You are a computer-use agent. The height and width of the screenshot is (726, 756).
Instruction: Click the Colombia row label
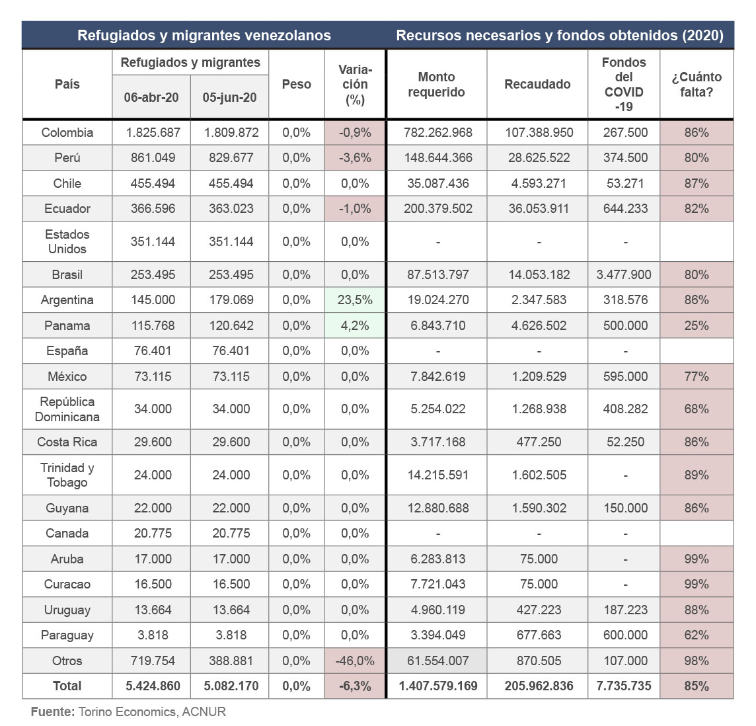[x=67, y=132]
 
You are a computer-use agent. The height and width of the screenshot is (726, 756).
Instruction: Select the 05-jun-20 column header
[x=229, y=97]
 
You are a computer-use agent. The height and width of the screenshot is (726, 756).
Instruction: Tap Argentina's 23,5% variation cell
[x=355, y=300]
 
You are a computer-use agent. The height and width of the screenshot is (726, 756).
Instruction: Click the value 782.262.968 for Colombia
[x=438, y=132]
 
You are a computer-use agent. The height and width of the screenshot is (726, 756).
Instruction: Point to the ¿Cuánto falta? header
[x=697, y=84]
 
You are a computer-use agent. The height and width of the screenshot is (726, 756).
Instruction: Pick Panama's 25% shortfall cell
[x=697, y=325]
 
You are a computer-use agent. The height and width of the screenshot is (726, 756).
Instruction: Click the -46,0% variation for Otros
[x=355, y=661]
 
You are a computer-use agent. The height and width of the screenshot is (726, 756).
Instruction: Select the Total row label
[x=67, y=686]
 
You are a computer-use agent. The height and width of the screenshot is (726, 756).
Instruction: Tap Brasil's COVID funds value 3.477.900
[x=624, y=274]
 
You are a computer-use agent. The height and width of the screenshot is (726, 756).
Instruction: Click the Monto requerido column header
[x=436, y=84]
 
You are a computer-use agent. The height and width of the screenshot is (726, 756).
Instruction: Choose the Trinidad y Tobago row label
[x=67, y=475]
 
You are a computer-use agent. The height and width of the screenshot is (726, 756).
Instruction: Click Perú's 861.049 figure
[x=153, y=157]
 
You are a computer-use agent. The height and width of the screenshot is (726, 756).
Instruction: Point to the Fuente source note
[x=128, y=711]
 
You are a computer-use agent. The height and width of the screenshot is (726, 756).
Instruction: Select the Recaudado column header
[x=537, y=84]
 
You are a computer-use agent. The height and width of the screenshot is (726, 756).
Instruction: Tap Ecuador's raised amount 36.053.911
[x=539, y=208]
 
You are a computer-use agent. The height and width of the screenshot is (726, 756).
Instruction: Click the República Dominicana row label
[x=67, y=409]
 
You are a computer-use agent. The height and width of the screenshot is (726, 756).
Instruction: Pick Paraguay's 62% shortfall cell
[x=697, y=635]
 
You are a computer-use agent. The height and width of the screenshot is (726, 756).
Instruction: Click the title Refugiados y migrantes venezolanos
[x=204, y=36]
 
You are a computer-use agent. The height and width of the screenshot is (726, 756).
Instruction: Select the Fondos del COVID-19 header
[x=624, y=84]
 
